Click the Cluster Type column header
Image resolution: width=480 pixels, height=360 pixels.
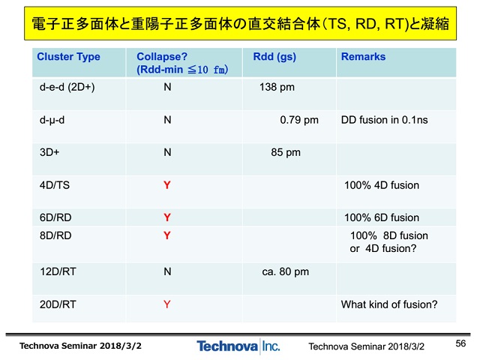click(68, 57)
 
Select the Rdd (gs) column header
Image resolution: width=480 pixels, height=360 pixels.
click(274, 57)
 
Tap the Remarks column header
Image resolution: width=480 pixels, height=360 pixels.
click(363, 57)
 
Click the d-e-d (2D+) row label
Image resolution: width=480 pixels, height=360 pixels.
click(67, 87)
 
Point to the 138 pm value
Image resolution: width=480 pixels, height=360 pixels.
click(277, 87)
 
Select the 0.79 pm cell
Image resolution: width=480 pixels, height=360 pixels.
click(299, 120)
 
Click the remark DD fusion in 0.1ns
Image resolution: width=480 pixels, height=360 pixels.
click(385, 120)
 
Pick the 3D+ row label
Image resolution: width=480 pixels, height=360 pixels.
click(49, 152)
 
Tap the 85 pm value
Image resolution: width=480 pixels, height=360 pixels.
click(286, 152)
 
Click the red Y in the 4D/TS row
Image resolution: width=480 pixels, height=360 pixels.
click(166, 185)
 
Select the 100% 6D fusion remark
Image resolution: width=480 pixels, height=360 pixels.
click(382, 217)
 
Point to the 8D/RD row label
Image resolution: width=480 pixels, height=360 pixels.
click(55, 235)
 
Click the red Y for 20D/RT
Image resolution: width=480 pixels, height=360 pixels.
click(166, 304)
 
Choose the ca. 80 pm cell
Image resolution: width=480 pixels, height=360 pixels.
click(285, 271)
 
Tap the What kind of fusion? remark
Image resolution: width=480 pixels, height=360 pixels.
click(389, 304)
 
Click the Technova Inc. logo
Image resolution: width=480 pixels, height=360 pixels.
click(238, 346)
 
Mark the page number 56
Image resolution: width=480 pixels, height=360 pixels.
click(460, 343)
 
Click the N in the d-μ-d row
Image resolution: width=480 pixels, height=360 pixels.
click(167, 120)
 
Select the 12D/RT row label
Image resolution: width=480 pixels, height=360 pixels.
click(58, 271)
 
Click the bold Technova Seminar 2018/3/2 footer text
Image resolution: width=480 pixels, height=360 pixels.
click(80, 346)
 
